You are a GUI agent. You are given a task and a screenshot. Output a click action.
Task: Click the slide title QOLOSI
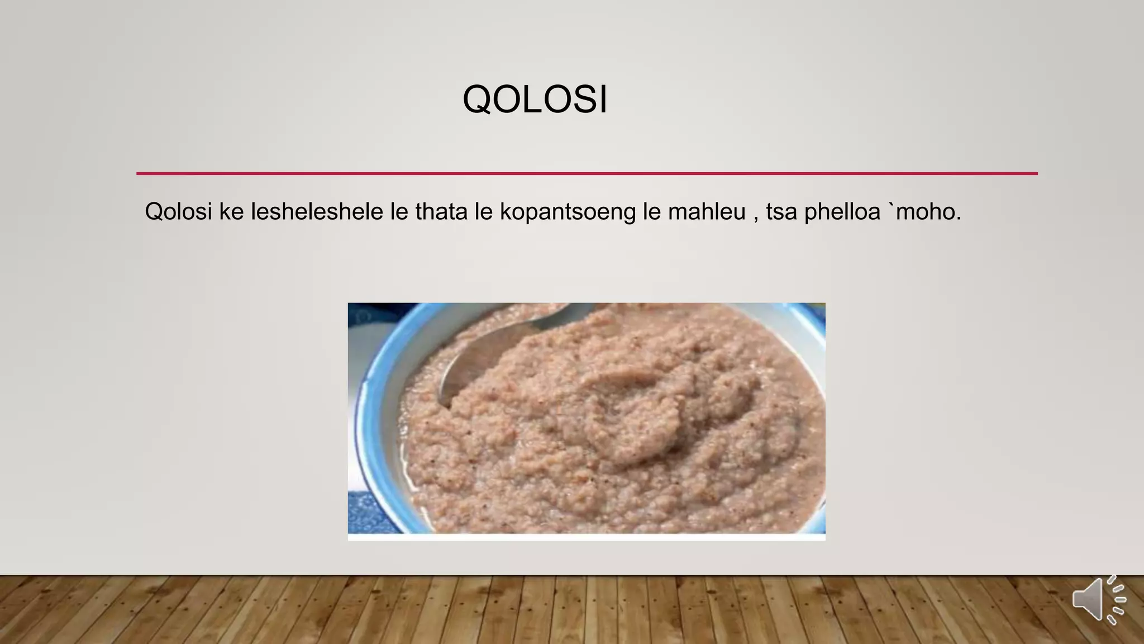pyautogui.click(x=535, y=100)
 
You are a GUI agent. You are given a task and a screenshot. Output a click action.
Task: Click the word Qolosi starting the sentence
pyautogui.click(x=178, y=212)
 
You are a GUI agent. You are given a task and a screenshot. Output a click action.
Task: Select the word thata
pyautogui.click(x=441, y=212)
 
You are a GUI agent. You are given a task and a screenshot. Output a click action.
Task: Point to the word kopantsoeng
pyautogui.click(x=568, y=212)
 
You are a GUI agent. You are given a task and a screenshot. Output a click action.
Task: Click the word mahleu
pyautogui.click(x=707, y=212)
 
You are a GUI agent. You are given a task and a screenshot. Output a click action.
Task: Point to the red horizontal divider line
pyautogui.click(x=587, y=173)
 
